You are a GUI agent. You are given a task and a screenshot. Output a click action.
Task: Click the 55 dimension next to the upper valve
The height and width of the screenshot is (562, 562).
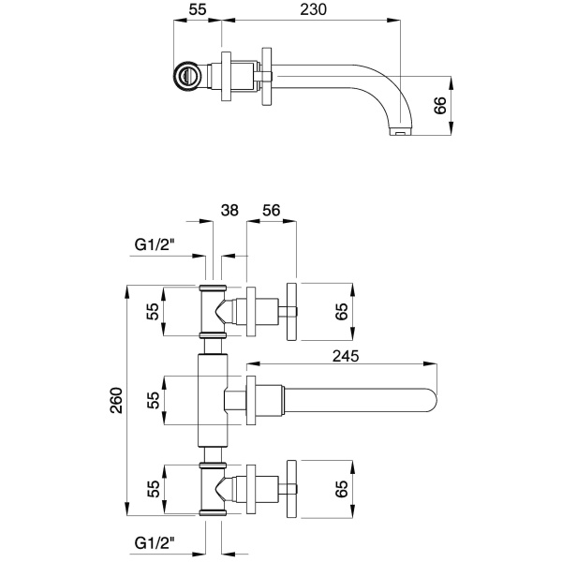(154, 310)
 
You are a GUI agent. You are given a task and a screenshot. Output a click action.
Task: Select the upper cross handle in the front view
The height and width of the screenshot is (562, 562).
(290, 310)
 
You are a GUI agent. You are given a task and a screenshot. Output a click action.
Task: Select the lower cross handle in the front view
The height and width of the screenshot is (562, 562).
(290, 487)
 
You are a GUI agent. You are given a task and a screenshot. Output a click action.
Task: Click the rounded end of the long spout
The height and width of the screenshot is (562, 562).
(432, 399)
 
